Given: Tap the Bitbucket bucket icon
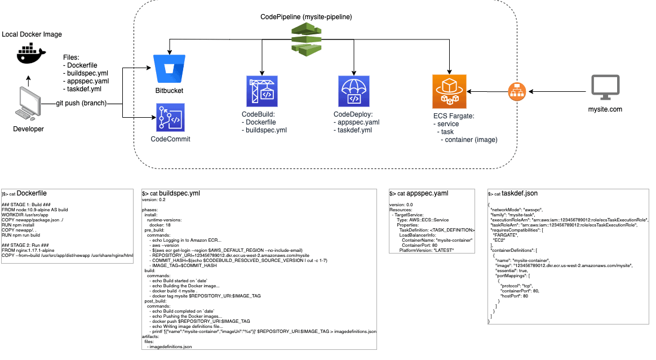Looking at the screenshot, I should click(x=169, y=68).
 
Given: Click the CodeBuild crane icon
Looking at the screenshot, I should click(x=262, y=91).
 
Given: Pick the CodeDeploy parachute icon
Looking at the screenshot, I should click(x=354, y=91).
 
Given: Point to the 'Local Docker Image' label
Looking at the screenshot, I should click(x=32, y=34).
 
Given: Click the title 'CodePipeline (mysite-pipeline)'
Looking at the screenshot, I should click(x=306, y=17).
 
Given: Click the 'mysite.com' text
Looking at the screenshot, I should click(x=605, y=109).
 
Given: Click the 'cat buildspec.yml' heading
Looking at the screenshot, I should click(x=175, y=193).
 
